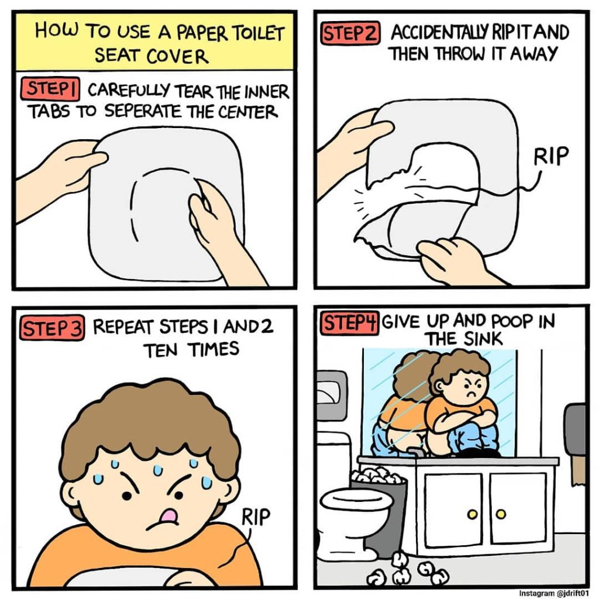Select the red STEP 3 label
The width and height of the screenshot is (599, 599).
pyautogui.click(x=51, y=328)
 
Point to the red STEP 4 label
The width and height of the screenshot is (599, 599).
pyautogui.click(x=349, y=323)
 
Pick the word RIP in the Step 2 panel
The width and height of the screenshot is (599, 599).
pyautogui.click(x=550, y=156)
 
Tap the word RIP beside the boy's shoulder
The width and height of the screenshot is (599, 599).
pyautogui.click(x=256, y=517)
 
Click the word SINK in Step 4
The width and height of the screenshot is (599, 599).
pyautogui.click(x=483, y=339)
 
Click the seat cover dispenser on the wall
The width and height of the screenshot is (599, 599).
pyautogui.click(x=332, y=395)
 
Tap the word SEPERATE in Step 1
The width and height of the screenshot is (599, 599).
pyautogui.click(x=142, y=112)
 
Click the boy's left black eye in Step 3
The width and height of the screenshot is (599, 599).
pyautogui.click(x=126, y=496)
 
